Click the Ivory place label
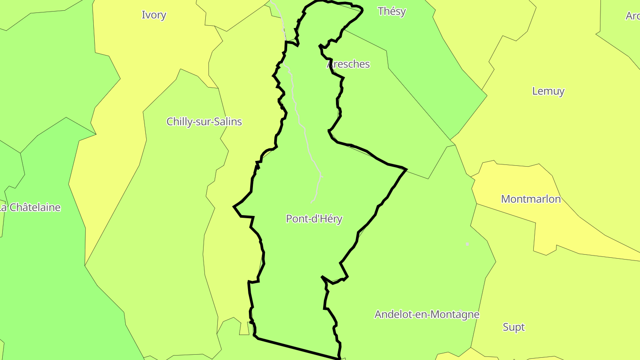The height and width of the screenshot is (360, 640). [x=154, y=15]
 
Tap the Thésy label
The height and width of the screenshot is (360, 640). [x=392, y=11]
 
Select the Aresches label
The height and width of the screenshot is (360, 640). [x=348, y=64]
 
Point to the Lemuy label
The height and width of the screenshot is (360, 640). [x=548, y=91]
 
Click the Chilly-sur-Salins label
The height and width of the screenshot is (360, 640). [x=204, y=121]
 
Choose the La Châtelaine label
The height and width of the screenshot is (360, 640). [x=30, y=207]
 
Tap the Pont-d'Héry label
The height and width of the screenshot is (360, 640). [x=314, y=219]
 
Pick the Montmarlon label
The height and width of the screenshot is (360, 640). [x=531, y=199]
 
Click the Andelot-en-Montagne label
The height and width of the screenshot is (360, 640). [x=427, y=314]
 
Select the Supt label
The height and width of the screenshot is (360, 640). [x=513, y=327]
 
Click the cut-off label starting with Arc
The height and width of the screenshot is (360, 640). [x=632, y=16]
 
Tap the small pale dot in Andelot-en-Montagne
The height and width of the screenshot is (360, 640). [x=467, y=244]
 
